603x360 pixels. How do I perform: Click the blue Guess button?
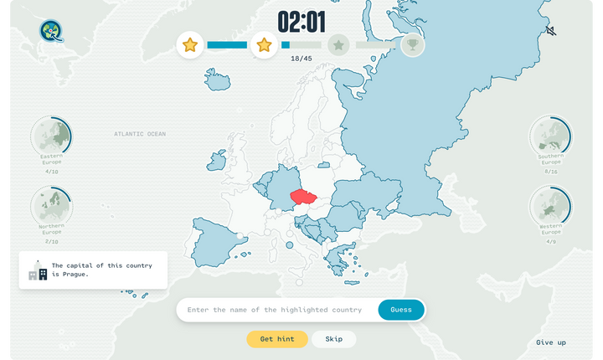click(x=401, y=310)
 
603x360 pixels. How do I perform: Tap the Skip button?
click(x=333, y=339)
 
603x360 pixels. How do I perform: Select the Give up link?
click(x=550, y=342)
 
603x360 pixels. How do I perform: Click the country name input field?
click(x=275, y=310)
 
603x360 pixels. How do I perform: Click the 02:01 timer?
click(x=301, y=23)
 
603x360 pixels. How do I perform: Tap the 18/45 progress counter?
click(x=301, y=59)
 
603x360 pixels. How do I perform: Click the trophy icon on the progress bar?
click(x=412, y=44)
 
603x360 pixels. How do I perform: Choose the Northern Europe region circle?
click(x=51, y=206)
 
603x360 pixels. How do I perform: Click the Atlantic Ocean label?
click(x=140, y=134)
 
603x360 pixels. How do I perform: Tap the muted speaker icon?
click(x=550, y=31)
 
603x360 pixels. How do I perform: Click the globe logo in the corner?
click(x=51, y=31)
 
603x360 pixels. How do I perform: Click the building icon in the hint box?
click(x=38, y=270)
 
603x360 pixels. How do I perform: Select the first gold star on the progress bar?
click(x=190, y=44)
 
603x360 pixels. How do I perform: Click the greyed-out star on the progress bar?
click(x=338, y=44)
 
